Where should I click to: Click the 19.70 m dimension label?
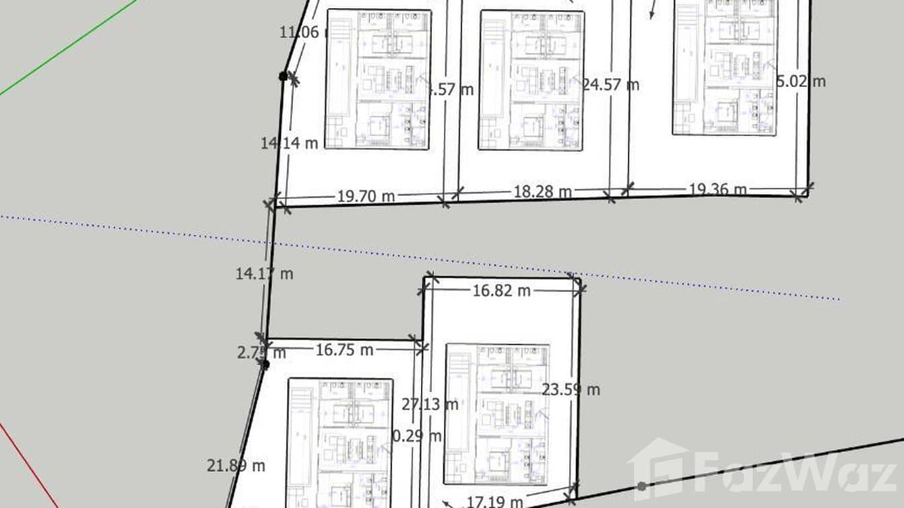[x=366, y=197]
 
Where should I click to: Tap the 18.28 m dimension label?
[x=542, y=192]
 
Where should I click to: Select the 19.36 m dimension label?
[x=717, y=190]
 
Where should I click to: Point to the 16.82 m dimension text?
[x=501, y=290]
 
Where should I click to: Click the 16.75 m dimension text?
[x=344, y=350]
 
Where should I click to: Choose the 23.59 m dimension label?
[x=571, y=389]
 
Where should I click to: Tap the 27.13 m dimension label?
[x=430, y=404]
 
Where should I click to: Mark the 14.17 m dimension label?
[x=264, y=274]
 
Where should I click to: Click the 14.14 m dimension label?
[x=289, y=143]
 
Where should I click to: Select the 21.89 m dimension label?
[x=236, y=465]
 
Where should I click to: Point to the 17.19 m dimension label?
[x=494, y=501]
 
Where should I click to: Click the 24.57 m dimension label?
[x=610, y=85]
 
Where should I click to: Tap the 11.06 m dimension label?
[x=302, y=32]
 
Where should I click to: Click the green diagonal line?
[x=67, y=47]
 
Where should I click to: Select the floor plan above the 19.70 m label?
[x=379, y=79]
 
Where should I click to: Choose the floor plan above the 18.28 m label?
[x=531, y=80]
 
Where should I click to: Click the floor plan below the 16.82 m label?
[x=496, y=414]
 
